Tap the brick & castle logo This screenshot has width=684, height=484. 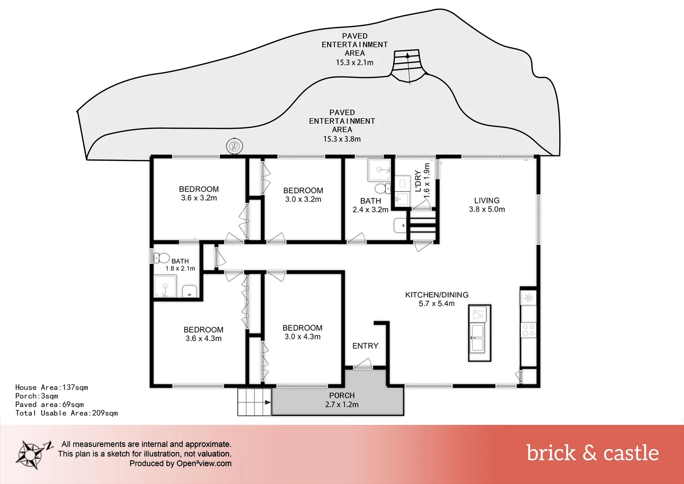pos(592,453)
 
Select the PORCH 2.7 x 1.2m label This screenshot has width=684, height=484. pos(342,400)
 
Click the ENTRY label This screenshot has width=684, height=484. pos(365,346)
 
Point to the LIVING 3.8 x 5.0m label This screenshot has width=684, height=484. pos(487,205)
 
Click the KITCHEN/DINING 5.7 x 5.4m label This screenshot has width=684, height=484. pos(436,299)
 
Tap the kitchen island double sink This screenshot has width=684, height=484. pos(478,338)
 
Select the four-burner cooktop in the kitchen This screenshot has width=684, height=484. pos(529,330)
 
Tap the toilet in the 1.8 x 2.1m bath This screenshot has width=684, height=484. pos(162,258)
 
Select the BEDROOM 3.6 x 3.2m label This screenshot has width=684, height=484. pos(199,194)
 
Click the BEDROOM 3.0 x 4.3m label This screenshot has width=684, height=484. pos(302,333)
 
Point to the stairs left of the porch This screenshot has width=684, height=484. pos(254,402)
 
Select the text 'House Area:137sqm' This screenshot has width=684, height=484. pos(51,388)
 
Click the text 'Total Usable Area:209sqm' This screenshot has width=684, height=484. pos(66,413)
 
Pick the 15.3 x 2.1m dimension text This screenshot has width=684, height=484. pos(355,62)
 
